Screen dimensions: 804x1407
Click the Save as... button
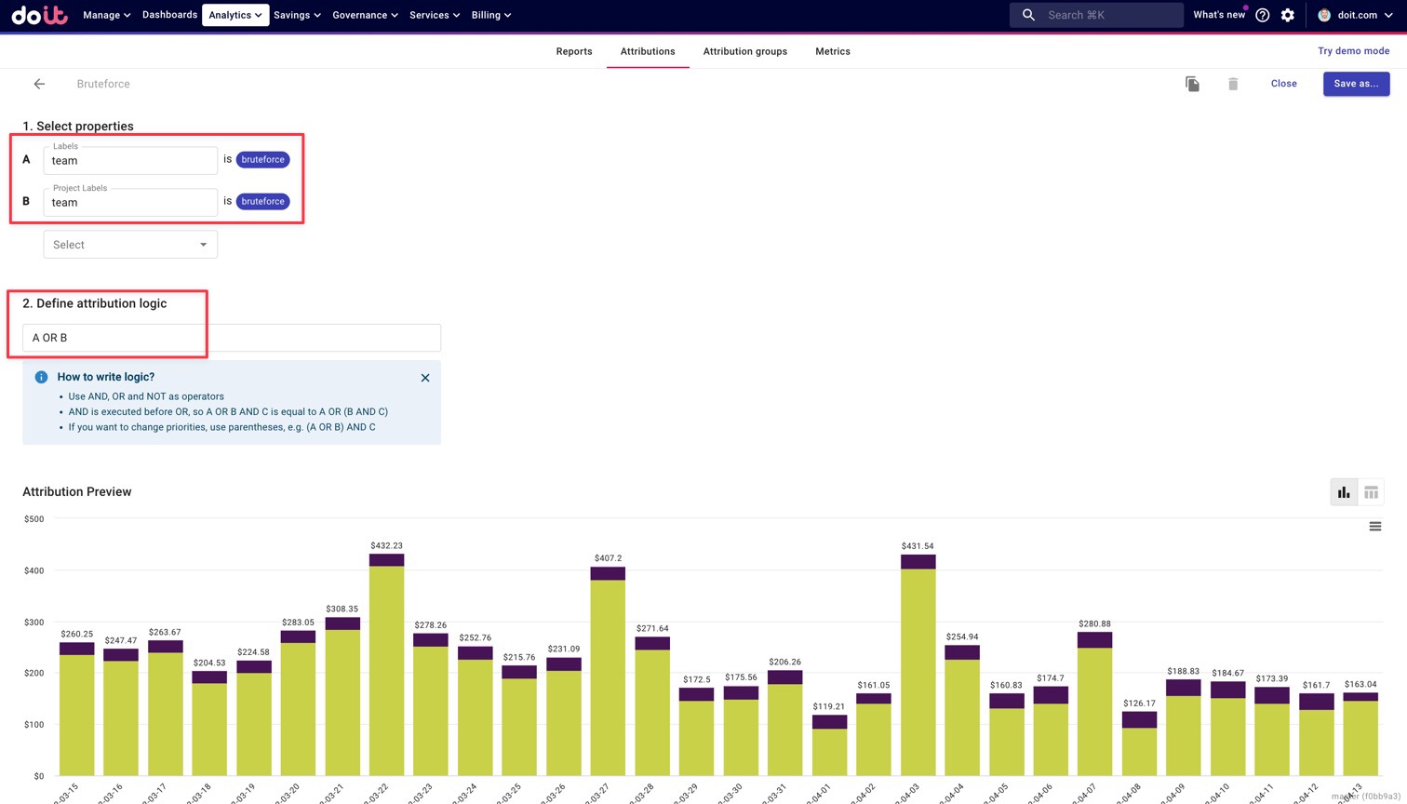pos(1356,84)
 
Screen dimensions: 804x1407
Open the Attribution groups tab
pos(744,51)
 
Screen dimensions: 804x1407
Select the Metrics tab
pos(832,51)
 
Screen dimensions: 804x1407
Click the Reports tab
pos(573,51)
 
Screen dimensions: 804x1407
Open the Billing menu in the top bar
pos(490,15)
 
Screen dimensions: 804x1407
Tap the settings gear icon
pos(1288,15)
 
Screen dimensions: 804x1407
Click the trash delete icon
pos(1233,84)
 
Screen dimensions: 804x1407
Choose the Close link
pos(1283,84)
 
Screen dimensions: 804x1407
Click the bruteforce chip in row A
pos(262,159)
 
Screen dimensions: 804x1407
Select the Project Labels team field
pos(130,202)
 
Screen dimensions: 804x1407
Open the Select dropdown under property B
pos(130,245)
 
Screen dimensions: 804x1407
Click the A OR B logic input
pos(231,338)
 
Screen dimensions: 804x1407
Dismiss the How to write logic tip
pos(425,378)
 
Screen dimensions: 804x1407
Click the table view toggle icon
pos(1371,492)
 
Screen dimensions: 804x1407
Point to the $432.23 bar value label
pos(386,545)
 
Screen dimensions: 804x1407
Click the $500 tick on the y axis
pos(34,519)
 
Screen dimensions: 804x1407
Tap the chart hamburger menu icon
pos(1374,527)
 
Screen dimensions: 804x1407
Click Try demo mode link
pos(1353,51)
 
